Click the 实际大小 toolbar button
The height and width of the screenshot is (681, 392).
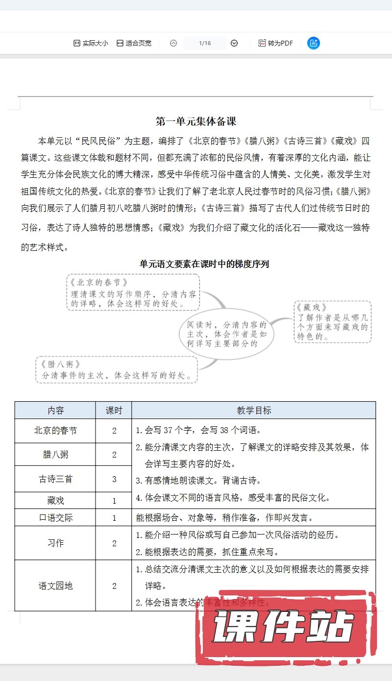pos(91,43)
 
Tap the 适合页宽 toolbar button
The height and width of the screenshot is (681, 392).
pos(134,43)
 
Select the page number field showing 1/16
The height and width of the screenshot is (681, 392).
pos(205,43)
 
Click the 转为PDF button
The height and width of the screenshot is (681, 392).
pos(275,43)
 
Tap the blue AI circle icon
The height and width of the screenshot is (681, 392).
pos(314,43)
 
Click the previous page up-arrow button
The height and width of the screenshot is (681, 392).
pos(173,43)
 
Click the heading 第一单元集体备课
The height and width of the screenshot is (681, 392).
pos(196,121)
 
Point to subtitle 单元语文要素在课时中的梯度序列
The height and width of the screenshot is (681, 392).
pos(204,264)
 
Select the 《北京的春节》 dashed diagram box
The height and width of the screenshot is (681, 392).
pos(133,292)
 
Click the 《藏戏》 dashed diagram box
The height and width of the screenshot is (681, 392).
pos(333,321)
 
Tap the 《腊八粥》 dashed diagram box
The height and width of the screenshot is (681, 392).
pos(117,370)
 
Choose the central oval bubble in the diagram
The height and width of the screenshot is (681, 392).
pos(226,334)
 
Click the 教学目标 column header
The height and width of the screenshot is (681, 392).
pos(254,411)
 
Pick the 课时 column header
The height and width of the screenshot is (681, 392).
pos(114,411)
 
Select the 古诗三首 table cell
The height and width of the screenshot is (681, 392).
pos(55,479)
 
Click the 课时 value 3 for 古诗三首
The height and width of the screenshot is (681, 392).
pos(114,479)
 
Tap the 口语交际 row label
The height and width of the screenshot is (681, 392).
pos(55,517)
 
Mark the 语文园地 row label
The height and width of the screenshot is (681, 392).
pos(55,585)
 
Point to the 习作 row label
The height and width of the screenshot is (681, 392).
pos(55,543)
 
